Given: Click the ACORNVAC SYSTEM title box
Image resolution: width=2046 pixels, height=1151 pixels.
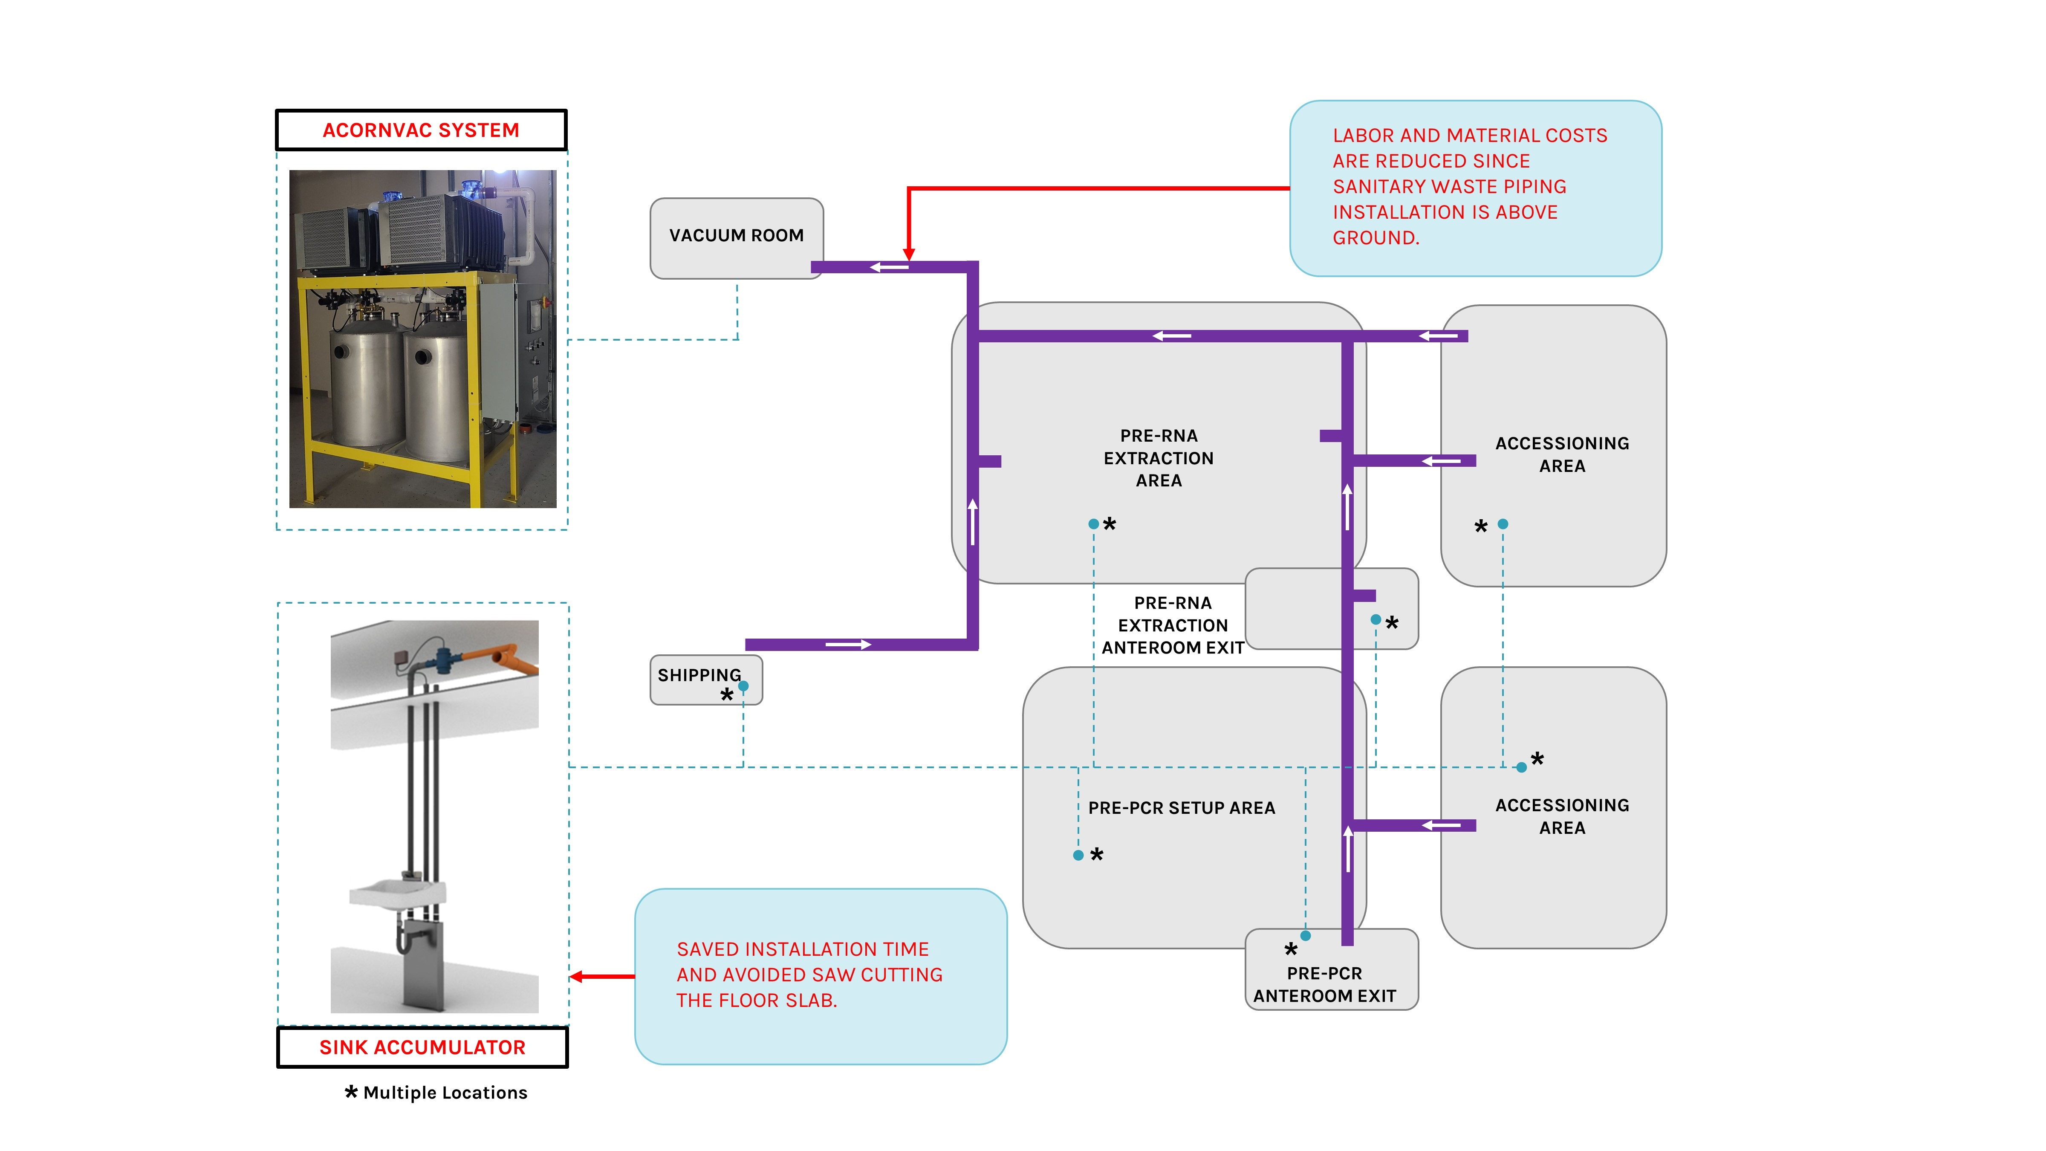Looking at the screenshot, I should [x=421, y=130].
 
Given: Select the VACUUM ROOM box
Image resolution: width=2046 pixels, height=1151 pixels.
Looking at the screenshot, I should [x=736, y=236].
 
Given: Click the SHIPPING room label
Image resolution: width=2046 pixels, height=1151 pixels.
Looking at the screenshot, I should [x=699, y=675].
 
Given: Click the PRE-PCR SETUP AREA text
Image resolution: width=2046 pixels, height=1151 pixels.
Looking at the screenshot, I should [x=1181, y=808].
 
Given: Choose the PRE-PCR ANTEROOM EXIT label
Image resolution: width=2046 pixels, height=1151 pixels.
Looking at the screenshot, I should [x=1324, y=985].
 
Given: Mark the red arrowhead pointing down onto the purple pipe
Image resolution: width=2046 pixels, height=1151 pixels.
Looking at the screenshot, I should [x=909, y=254].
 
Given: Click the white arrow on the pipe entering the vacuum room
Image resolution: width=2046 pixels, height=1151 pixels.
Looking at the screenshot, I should [x=889, y=268].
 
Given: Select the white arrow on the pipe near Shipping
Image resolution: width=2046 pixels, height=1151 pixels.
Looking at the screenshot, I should [x=848, y=644].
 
